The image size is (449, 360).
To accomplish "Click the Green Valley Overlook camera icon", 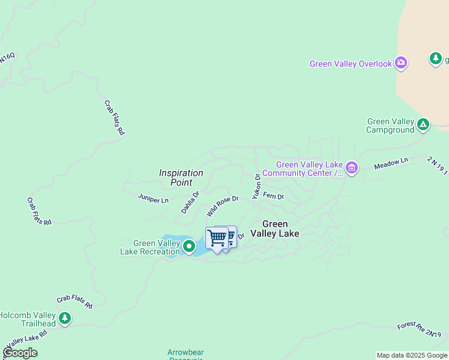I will pos(401,63).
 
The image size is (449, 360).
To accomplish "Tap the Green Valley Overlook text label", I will pos(351,64).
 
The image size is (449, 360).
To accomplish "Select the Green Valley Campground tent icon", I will pos(423,125).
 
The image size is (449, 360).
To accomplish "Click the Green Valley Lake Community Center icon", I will pos(351,169).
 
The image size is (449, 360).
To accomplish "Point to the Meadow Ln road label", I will pos(391,163).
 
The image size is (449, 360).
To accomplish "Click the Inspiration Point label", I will pos(181,178).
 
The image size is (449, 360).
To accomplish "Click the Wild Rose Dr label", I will pos(223,206).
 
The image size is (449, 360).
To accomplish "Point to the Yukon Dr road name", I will pos(256,187).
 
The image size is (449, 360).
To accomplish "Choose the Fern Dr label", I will pos(273,196).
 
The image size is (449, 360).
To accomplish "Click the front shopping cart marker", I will pos(216,238).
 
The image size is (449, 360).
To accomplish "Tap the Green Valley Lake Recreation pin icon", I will pos(189,245).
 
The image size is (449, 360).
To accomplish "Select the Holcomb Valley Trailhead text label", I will pos(28,319).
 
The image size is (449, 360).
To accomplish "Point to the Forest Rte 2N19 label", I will pos(419,329).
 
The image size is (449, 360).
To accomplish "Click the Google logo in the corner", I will pos(20,353).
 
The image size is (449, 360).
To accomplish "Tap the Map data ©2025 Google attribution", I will pos(412,355).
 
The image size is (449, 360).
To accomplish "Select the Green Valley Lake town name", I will pos(275,229).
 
